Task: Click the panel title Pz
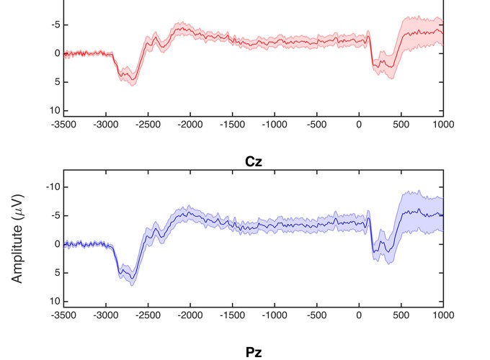point(252,352)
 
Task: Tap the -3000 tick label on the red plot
point(106,124)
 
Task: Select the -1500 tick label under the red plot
point(232,124)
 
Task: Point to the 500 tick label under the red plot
point(401,124)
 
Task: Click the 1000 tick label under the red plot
point(443,124)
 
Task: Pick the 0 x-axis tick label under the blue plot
point(359,315)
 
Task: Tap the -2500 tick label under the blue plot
point(148,315)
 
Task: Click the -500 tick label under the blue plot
point(316,315)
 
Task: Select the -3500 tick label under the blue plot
point(64,315)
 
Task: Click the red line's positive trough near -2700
point(130,77)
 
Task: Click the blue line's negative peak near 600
point(409,210)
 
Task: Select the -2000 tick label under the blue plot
point(190,315)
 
